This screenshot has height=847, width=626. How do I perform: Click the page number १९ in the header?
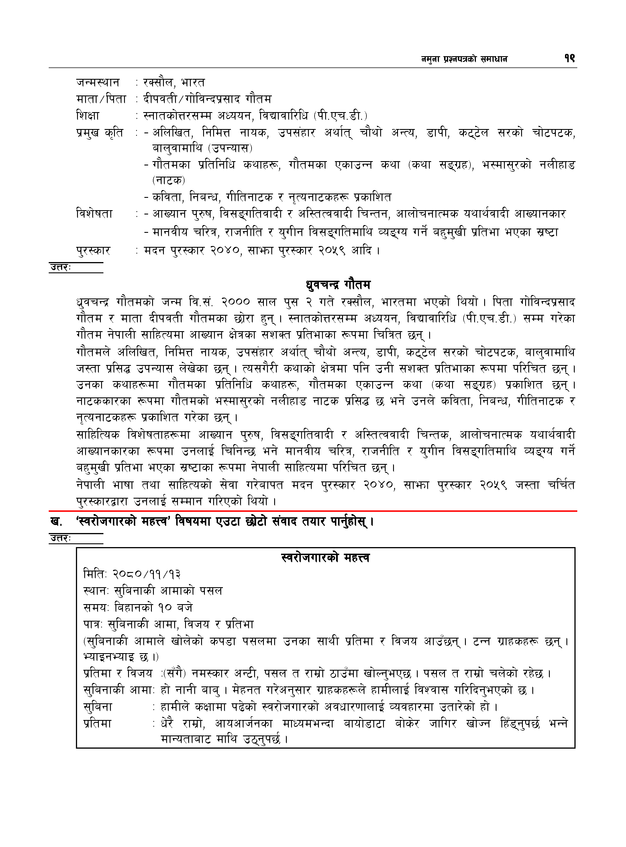pos(569,58)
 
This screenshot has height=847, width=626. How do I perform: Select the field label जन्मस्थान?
pos(98,82)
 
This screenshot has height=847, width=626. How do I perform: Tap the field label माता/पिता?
pos(101,99)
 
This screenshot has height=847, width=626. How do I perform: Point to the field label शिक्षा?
pos(88,116)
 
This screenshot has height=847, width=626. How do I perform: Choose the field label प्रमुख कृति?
pos(100,133)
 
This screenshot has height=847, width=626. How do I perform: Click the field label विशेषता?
pos(94,214)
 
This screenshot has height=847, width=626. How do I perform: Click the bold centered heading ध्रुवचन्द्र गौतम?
pos(338,284)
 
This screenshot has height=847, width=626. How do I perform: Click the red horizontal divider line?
pos(313,511)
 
